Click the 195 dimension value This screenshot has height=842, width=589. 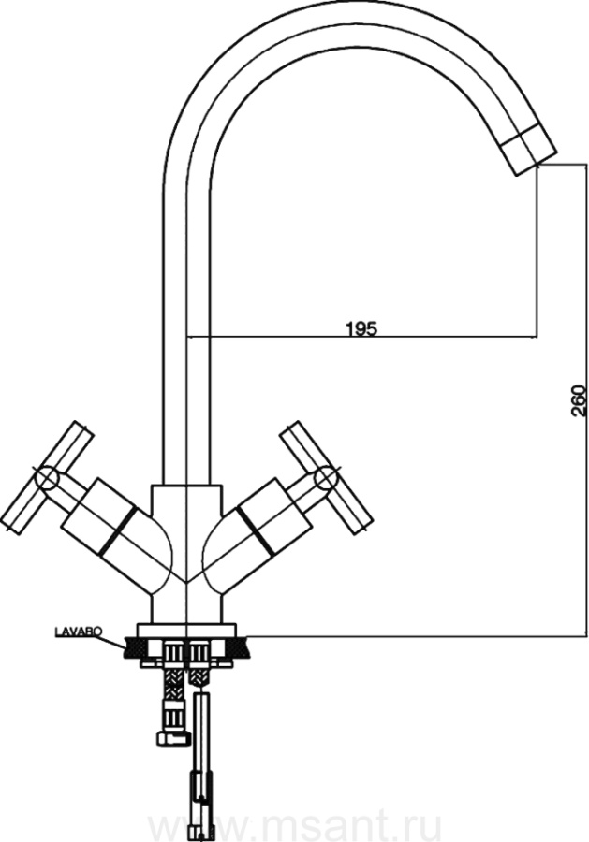point(361,328)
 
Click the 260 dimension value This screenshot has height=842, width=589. point(577,400)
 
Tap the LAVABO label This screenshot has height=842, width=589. point(79,631)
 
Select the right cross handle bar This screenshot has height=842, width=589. point(327,478)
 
